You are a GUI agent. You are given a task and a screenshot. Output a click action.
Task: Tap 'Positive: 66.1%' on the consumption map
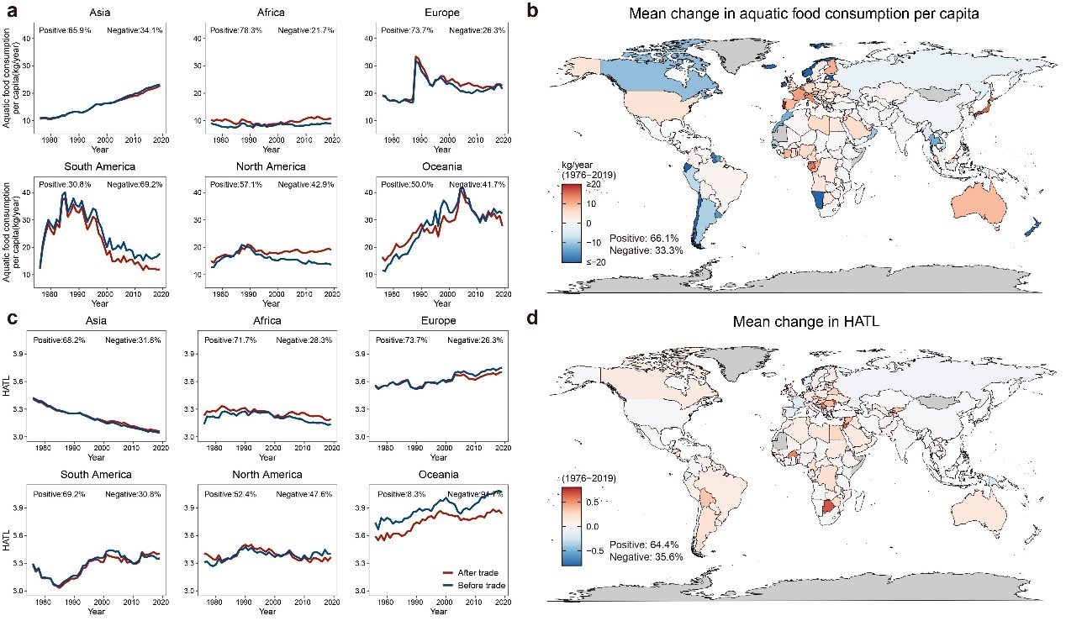[x=644, y=239]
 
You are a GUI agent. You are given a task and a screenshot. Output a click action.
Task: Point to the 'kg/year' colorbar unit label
[x=580, y=164]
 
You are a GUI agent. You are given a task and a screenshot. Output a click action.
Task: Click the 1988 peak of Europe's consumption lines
[x=415, y=58]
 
